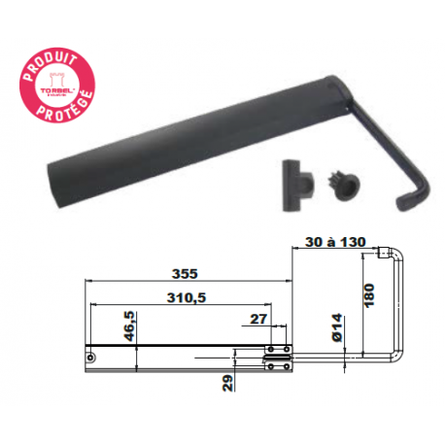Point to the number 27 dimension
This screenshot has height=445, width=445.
(x=258, y=319)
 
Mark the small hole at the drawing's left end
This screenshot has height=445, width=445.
(x=91, y=357)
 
